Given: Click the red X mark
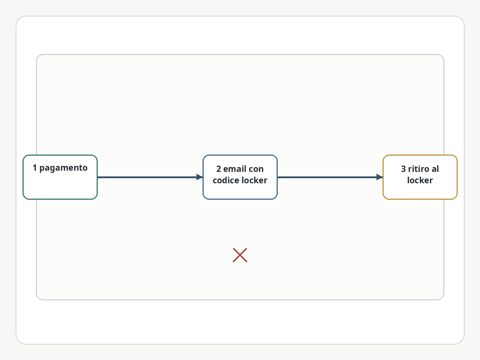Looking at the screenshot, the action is [240, 255].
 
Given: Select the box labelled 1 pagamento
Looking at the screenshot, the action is [60, 177].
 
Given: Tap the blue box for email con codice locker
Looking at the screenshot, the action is [240, 177].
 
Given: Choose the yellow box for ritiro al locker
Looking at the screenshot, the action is [420, 177].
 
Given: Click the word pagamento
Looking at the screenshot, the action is [63, 168].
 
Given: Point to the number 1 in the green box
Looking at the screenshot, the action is [34, 168].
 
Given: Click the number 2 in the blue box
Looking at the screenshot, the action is [219, 169].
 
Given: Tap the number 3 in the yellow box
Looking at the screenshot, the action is [403, 169].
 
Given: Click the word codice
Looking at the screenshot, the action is [226, 180].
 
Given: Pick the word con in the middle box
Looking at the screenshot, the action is [256, 169].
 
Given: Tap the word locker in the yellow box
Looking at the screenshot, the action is [420, 180].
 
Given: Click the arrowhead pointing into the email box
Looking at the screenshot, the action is [200, 177].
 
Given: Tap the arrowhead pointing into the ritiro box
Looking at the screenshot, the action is [379, 177].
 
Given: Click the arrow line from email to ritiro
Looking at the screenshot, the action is [330, 177].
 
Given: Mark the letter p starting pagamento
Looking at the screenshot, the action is [42, 169].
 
